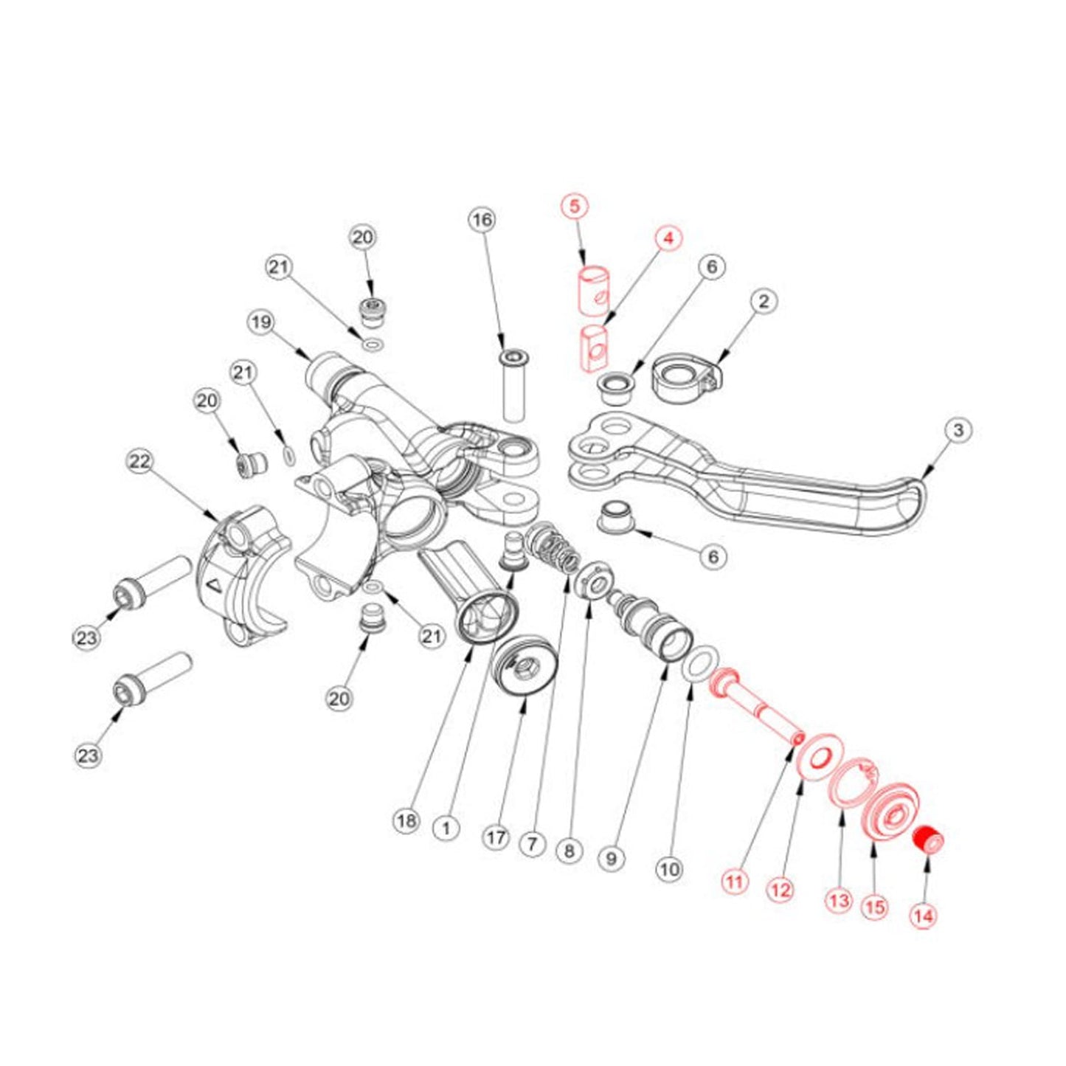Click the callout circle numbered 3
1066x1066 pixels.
click(958, 430)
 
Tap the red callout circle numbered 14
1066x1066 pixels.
click(923, 916)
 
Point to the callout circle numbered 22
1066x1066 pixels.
click(139, 462)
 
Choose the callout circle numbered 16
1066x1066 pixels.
click(482, 220)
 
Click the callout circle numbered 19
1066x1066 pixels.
click(260, 322)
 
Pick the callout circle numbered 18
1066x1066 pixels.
click(406, 820)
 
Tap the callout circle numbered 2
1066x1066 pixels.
click(764, 301)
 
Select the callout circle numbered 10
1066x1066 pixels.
click(669, 869)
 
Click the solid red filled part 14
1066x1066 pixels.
click(929, 840)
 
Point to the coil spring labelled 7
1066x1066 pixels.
click(558, 549)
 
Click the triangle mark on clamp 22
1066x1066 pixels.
click(213, 586)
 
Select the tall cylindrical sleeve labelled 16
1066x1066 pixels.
click(513, 387)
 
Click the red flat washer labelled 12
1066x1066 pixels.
click(819, 756)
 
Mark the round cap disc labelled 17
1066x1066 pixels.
click(522, 665)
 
